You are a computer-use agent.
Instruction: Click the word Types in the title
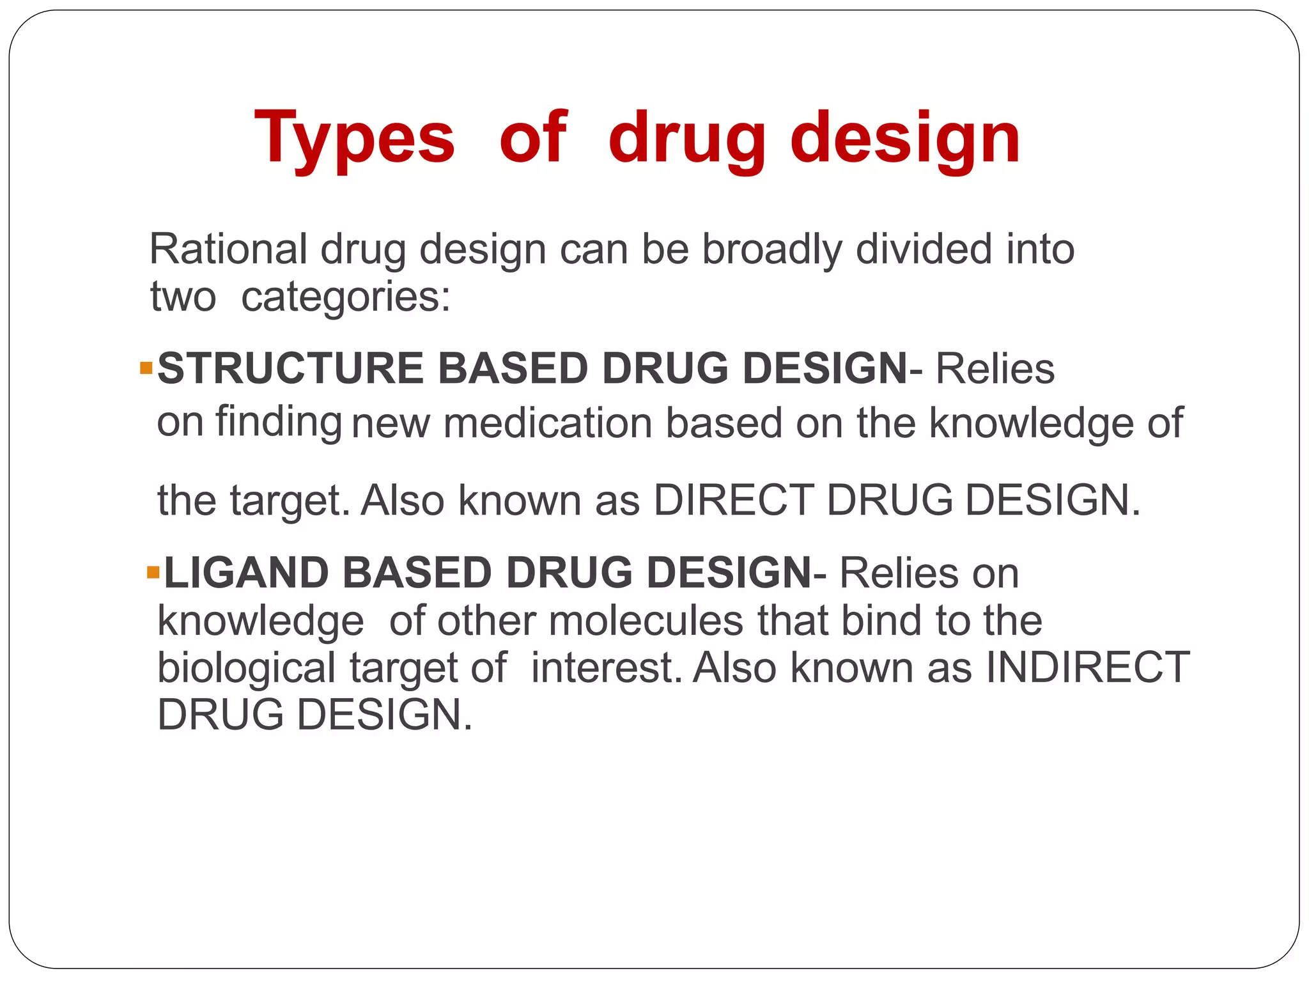(x=354, y=139)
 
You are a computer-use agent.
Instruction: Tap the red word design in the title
(x=905, y=139)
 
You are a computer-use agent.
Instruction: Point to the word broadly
(x=772, y=249)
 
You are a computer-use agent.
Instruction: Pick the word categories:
(x=346, y=298)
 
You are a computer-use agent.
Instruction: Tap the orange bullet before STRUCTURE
(x=146, y=368)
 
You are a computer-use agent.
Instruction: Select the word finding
(x=278, y=423)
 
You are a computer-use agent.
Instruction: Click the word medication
(x=548, y=424)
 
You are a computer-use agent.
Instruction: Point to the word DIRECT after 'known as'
(x=733, y=500)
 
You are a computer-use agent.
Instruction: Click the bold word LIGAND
(x=246, y=573)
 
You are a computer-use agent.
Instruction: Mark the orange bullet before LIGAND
(x=153, y=572)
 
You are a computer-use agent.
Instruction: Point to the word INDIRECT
(x=1087, y=668)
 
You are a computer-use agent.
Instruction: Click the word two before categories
(x=183, y=298)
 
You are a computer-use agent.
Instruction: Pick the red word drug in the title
(x=686, y=139)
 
